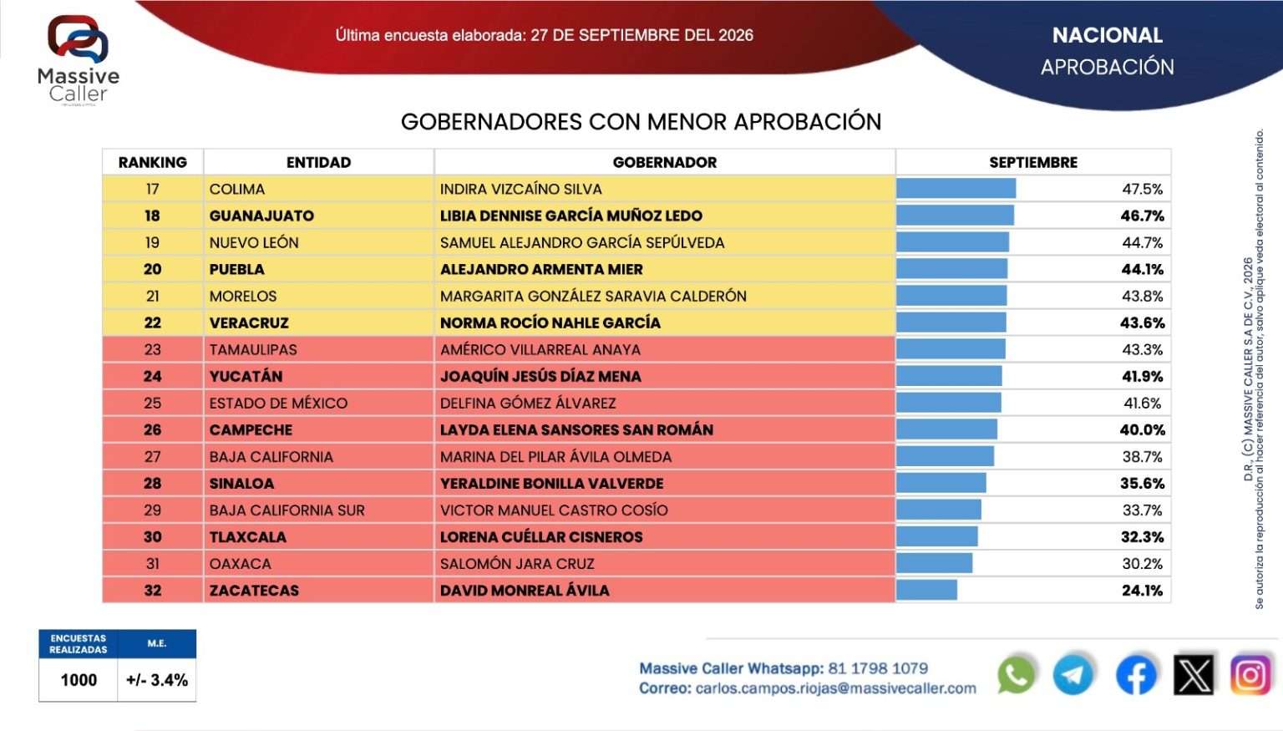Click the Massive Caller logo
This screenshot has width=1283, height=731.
click(x=78, y=59)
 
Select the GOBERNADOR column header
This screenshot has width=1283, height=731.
click(x=664, y=162)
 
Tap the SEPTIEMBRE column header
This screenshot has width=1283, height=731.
click(x=1032, y=162)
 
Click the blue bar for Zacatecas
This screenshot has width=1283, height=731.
click(x=926, y=590)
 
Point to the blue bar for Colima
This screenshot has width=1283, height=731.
click(x=956, y=189)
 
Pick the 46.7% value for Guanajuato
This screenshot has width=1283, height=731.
click(x=1142, y=216)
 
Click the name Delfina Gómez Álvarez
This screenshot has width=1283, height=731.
click(x=528, y=403)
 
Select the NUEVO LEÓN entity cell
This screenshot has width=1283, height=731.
click(x=254, y=243)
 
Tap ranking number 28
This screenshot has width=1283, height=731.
click(x=152, y=484)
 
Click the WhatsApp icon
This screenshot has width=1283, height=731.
click(x=1016, y=675)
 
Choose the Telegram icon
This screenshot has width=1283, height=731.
click(x=1073, y=675)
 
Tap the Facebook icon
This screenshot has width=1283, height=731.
click(x=1136, y=675)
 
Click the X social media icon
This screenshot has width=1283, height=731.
click(x=1194, y=675)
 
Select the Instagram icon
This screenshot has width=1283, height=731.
click(x=1251, y=675)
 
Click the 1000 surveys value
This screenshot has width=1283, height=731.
click(x=79, y=680)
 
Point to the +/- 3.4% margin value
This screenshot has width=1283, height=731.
click(x=157, y=680)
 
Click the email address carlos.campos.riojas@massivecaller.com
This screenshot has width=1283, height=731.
click(x=835, y=688)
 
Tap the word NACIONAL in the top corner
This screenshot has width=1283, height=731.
click(x=1107, y=36)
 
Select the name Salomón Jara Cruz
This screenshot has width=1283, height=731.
click(x=517, y=564)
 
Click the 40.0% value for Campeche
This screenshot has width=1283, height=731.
click(x=1142, y=429)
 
